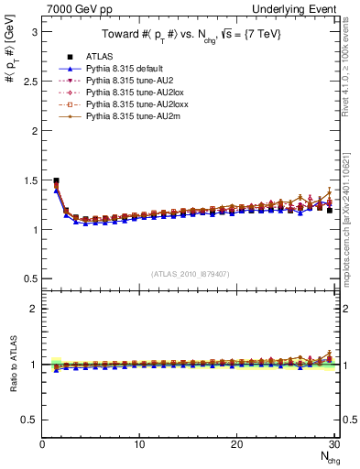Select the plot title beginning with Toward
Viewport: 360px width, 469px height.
[x=190, y=36]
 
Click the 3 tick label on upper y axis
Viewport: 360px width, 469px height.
[x=34, y=32]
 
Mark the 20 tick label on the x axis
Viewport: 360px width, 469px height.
[x=237, y=444]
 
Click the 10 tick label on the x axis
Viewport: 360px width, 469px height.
[x=139, y=444]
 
